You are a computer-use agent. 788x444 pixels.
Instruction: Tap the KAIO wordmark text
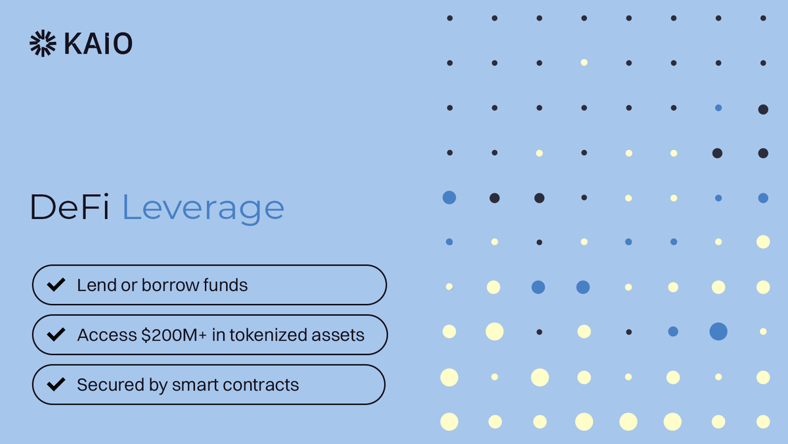(98, 43)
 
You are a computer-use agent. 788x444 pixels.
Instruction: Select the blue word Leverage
(204, 209)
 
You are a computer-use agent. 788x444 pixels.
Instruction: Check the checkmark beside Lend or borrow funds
(56, 285)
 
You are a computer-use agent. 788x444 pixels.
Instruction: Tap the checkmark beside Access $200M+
(56, 334)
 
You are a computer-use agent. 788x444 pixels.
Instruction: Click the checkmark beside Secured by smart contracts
(56, 384)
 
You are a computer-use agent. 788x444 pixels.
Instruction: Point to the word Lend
(92, 285)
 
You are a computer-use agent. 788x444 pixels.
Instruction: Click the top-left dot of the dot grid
(450, 18)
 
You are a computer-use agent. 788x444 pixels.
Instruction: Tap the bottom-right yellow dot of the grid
(763, 422)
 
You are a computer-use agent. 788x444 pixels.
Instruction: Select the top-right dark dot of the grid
(763, 18)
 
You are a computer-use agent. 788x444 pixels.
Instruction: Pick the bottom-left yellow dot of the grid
(449, 422)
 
